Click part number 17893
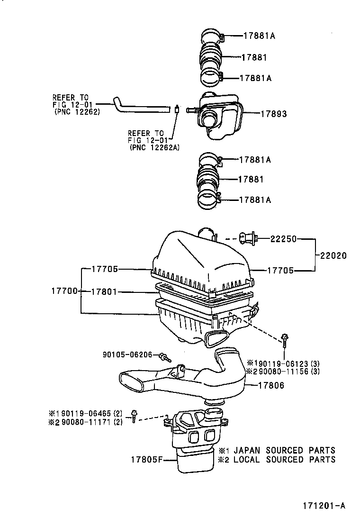274,114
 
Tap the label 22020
333,256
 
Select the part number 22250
284,239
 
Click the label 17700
64,291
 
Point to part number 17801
104,292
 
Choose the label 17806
271,385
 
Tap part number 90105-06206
127,354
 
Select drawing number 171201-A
324,506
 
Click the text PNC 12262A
154,147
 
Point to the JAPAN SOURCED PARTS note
284,450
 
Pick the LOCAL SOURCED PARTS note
284,459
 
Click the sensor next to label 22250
248,239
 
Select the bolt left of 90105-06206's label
166,358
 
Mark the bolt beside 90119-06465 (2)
135,416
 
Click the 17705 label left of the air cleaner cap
104,269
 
